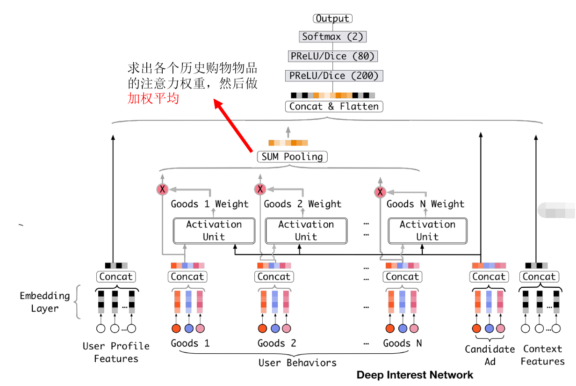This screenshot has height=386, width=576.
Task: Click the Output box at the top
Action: tap(332, 19)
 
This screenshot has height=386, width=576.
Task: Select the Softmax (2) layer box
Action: tap(332, 36)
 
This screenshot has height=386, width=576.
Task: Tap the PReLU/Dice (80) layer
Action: tap(332, 56)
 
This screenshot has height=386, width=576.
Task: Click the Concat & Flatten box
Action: tap(334, 107)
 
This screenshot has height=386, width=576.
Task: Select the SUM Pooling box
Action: tap(292, 157)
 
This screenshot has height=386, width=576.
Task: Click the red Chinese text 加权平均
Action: tap(153, 99)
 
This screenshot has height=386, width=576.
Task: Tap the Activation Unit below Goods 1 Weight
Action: tap(214, 231)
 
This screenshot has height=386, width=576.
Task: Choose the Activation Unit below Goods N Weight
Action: tap(427, 231)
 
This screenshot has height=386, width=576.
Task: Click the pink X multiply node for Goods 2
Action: tap(260, 189)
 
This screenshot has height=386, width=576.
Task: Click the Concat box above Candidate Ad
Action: tap(489, 277)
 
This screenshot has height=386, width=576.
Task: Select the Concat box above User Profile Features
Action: tap(116, 277)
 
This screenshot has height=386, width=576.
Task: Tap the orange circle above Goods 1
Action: tap(176, 328)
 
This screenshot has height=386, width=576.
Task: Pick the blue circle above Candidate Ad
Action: tap(489, 328)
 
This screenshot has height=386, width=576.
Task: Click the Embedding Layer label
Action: tap(45, 302)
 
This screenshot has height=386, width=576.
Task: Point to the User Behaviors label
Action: tap(297, 363)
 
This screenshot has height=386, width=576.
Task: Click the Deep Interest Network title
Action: tap(415, 375)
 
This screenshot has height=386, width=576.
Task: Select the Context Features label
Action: tap(542, 355)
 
